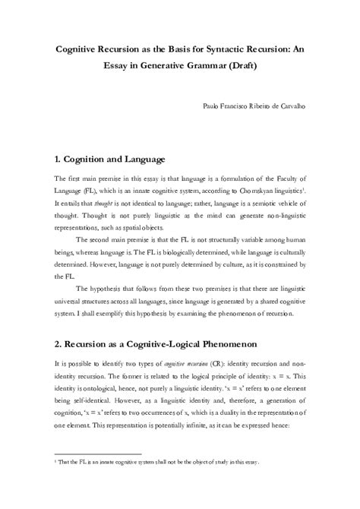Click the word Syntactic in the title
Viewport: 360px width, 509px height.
tap(217, 46)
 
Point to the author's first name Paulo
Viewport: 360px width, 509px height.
tap(214, 109)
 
